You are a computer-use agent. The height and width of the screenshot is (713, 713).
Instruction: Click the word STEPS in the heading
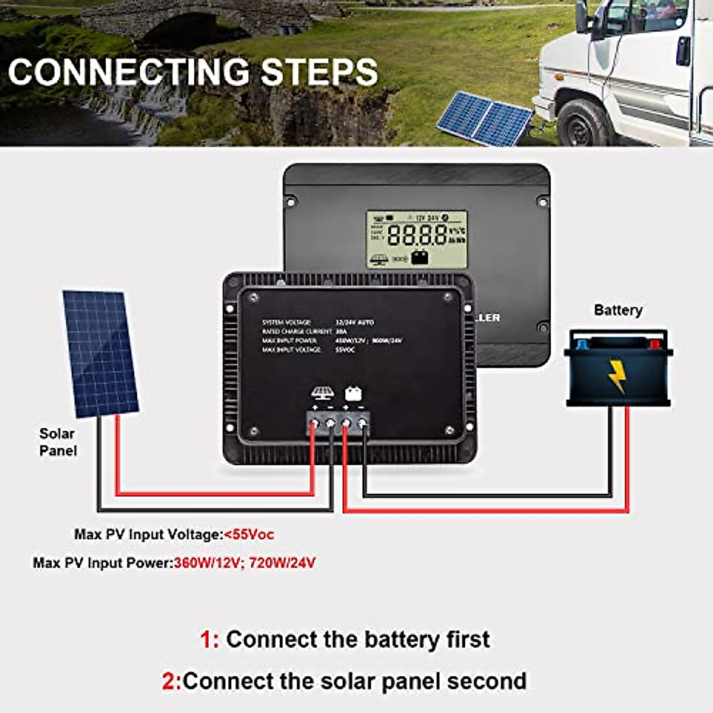click(319, 72)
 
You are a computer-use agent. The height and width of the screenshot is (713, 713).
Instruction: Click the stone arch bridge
click(178, 24)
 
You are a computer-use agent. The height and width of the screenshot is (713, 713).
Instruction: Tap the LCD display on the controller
click(417, 239)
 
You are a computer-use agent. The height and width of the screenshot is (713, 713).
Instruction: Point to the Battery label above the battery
click(618, 310)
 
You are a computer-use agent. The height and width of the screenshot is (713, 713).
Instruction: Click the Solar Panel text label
click(58, 442)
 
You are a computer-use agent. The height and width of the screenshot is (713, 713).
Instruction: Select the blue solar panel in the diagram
click(100, 353)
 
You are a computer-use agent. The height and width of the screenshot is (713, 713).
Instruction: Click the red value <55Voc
click(249, 534)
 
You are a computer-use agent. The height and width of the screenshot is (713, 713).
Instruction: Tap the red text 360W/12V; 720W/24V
click(245, 562)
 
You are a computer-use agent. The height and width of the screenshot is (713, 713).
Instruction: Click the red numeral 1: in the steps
click(209, 640)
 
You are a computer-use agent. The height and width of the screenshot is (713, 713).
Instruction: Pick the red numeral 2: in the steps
click(171, 681)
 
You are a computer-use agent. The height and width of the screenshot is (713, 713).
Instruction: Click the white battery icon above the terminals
click(354, 393)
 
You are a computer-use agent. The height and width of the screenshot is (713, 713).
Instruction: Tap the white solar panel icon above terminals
click(322, 393)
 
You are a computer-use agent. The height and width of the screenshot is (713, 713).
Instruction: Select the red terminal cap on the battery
click(654, 343)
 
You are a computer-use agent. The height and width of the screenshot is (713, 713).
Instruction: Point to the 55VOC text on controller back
click(346, 350)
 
